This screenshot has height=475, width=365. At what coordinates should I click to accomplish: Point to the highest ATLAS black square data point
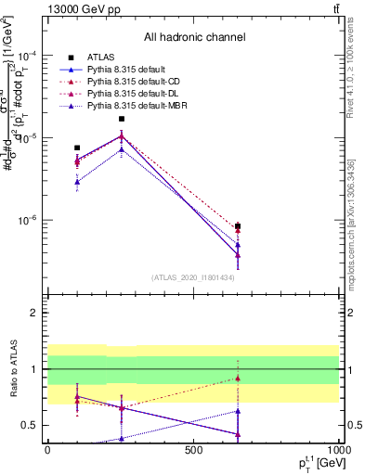point(121,119)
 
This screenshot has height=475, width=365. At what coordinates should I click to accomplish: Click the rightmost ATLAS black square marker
point(238,226)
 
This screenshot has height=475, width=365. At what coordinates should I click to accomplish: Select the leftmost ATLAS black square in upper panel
point(77,148)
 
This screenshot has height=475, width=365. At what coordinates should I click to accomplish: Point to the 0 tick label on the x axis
point(47,449)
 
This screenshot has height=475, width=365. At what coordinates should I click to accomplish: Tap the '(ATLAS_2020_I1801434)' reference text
point(193,277)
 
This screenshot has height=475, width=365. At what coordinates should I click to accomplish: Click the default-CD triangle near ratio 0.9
point(238,378)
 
